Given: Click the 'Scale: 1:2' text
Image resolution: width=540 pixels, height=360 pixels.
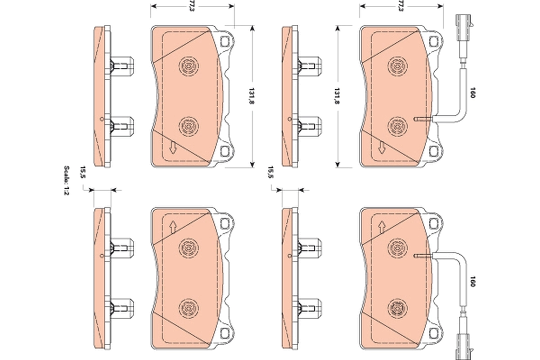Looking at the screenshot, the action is tap(67, 180).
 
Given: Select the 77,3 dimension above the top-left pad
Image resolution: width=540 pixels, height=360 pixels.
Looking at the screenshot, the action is tap(192, 6).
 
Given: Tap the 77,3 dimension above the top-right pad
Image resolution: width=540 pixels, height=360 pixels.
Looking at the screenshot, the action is tap(400, 6).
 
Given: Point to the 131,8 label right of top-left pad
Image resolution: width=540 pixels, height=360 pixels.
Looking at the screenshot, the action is tap(252, 96).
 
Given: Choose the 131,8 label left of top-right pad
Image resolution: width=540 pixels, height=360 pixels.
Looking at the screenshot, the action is tap(337, 96).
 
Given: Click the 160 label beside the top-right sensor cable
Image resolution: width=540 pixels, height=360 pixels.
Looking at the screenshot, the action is tap(472, 93).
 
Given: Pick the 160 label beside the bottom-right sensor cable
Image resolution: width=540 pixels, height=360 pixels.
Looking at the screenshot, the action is tap(472, 281).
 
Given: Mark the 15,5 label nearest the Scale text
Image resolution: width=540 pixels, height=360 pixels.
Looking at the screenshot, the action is tap(83, 172).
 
